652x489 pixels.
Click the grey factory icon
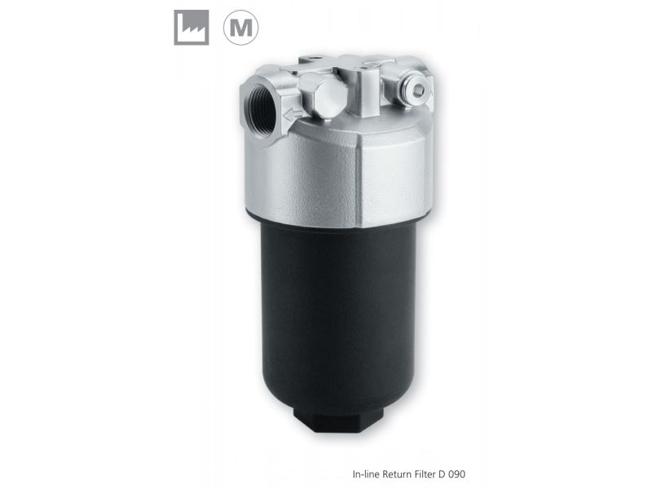tap(191, 28)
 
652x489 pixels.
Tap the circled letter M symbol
tap(241, 28)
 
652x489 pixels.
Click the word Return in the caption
tap(394, 474)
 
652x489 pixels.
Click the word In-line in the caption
tap(365, 474)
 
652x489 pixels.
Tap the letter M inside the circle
tap(241, 28)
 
